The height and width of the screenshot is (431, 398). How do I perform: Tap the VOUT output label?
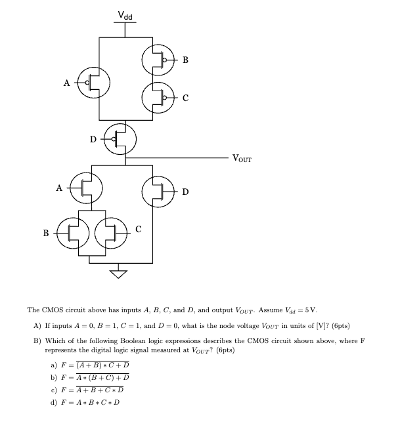241,158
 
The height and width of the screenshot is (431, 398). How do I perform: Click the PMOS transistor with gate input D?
121,138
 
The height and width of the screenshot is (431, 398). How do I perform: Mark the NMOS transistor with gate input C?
111,232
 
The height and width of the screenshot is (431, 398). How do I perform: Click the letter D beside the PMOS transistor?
93,138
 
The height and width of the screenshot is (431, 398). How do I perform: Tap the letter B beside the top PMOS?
185,60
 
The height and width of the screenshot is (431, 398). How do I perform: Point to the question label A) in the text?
38,326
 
